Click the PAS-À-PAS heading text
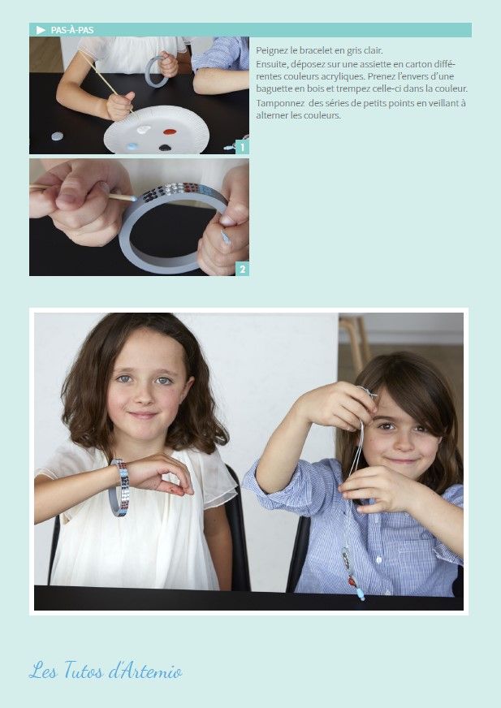[72, 30]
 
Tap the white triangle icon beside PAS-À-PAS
[41, 30]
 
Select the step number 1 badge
[242, 147]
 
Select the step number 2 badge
[242, 269]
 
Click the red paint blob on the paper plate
[170, 132]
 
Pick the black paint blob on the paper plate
[165, 147]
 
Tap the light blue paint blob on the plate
[132, 146]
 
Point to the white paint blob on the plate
[143, 130]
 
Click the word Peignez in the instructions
[270, 50]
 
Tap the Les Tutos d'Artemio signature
[106, 670]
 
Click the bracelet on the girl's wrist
[119, 488]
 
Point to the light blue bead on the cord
[361, 594]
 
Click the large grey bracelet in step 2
[126, 244]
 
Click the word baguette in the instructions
[271, 89]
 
